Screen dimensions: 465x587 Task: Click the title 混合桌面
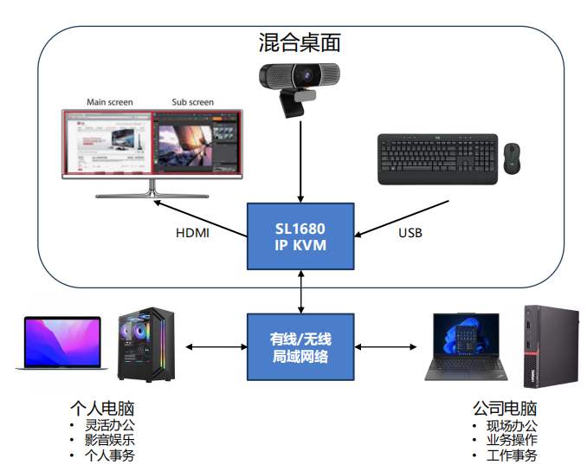pos(300,41)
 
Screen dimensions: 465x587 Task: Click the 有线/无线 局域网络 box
pos(300,346)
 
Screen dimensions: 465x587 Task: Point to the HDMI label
pos(193,233)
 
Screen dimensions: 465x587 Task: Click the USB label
pos(410,233)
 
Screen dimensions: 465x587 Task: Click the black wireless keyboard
pos(438,158)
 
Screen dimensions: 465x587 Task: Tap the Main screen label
pos(110,102)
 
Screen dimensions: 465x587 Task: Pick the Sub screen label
pos(192,102)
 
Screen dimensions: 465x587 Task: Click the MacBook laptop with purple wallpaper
pos(61,345)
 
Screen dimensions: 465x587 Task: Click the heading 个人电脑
pos(102,408)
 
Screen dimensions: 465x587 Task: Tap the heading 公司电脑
pos(505,408)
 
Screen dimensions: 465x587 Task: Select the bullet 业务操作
pos(512,440)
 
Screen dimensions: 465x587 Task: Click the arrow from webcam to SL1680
pos(300,160)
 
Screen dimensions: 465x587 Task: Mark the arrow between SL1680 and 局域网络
pos(300,291)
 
